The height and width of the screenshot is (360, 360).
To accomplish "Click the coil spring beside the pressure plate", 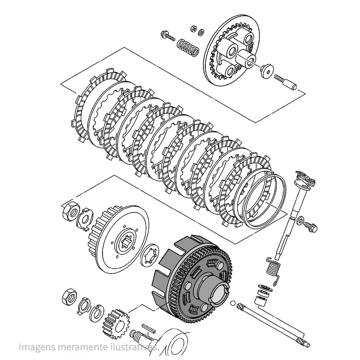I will tap(188, 47).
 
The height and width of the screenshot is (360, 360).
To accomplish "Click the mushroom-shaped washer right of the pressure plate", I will tap(267, 70).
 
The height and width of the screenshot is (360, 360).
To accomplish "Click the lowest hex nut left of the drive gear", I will tap(68, 297).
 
